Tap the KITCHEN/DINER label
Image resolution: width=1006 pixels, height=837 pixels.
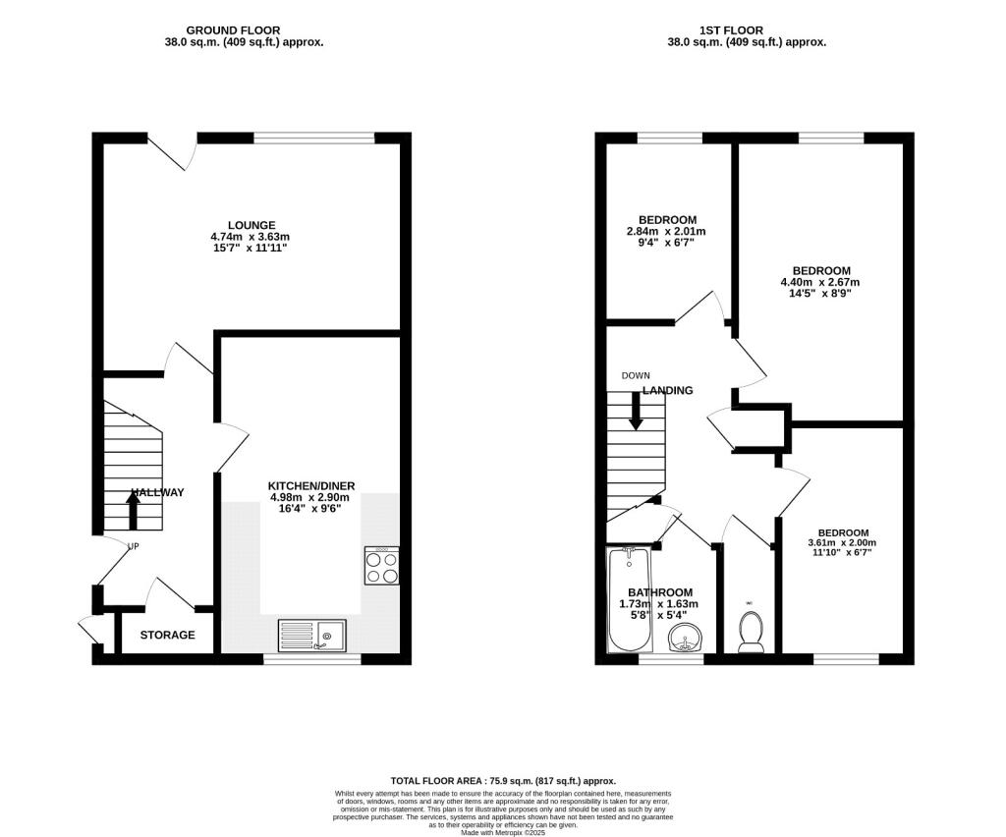tap(311, 485)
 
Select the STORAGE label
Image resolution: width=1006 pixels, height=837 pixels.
tap(167, 635)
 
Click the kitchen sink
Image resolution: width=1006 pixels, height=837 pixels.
tap(311, 636)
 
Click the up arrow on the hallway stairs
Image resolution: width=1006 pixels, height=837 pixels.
tap(133, 510)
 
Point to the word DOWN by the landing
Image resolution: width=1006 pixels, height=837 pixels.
tap(636, 376)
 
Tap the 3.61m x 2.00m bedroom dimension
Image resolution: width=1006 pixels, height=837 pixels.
tap(841, 542)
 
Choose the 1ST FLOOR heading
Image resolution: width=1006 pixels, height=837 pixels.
tap(746, 30)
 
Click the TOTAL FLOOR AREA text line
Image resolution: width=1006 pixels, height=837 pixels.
tap(502, 777)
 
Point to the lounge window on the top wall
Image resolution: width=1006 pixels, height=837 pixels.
tap(313, 138)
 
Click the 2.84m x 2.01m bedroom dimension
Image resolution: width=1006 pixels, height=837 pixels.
tap(667, 231)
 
